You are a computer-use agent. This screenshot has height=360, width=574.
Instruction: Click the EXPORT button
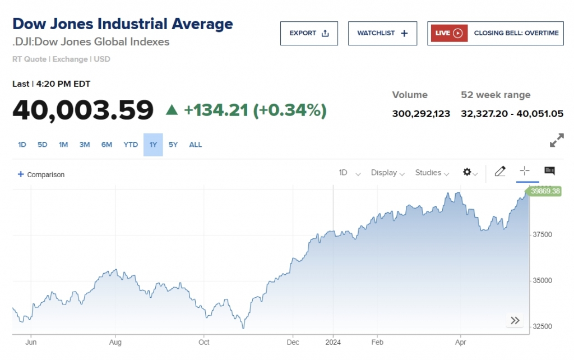[x=309, y=33]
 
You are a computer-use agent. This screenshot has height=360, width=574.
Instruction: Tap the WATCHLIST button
[x=383, y=33]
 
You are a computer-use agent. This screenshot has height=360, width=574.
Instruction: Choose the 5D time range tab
[x=43, y=145]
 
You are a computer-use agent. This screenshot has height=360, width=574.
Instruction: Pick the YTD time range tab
[x=131, y=145]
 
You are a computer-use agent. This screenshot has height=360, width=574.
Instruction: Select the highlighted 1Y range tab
[x=153, y=145]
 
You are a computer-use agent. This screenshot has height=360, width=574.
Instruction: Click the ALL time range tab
[x=195, y=145]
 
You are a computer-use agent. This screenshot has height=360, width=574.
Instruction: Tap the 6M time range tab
[x=107, y=145]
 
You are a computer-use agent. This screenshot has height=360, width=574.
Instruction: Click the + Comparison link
[x=41, y=174]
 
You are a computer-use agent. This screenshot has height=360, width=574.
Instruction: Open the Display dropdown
[x=387, y=173]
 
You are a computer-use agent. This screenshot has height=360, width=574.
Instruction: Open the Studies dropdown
[x=432, y=173]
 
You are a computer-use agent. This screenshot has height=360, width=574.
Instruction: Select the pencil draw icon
[x=500, y=172]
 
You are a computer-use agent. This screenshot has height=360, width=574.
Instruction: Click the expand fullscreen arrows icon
[x=557, y=141]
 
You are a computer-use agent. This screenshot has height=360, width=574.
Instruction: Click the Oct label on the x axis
[x=203, y=341]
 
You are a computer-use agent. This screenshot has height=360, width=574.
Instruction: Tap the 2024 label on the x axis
[x=333, y=341]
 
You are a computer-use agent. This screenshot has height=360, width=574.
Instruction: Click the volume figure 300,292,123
[x=421, y=114]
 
